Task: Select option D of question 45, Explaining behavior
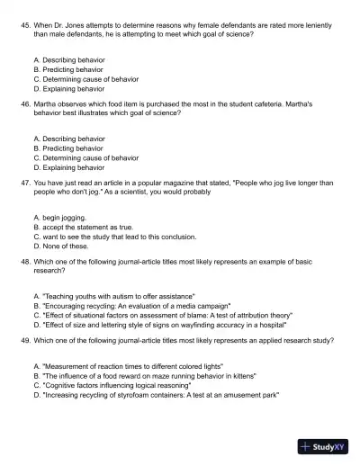click(68, 89)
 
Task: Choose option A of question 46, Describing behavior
click(68, 139)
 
